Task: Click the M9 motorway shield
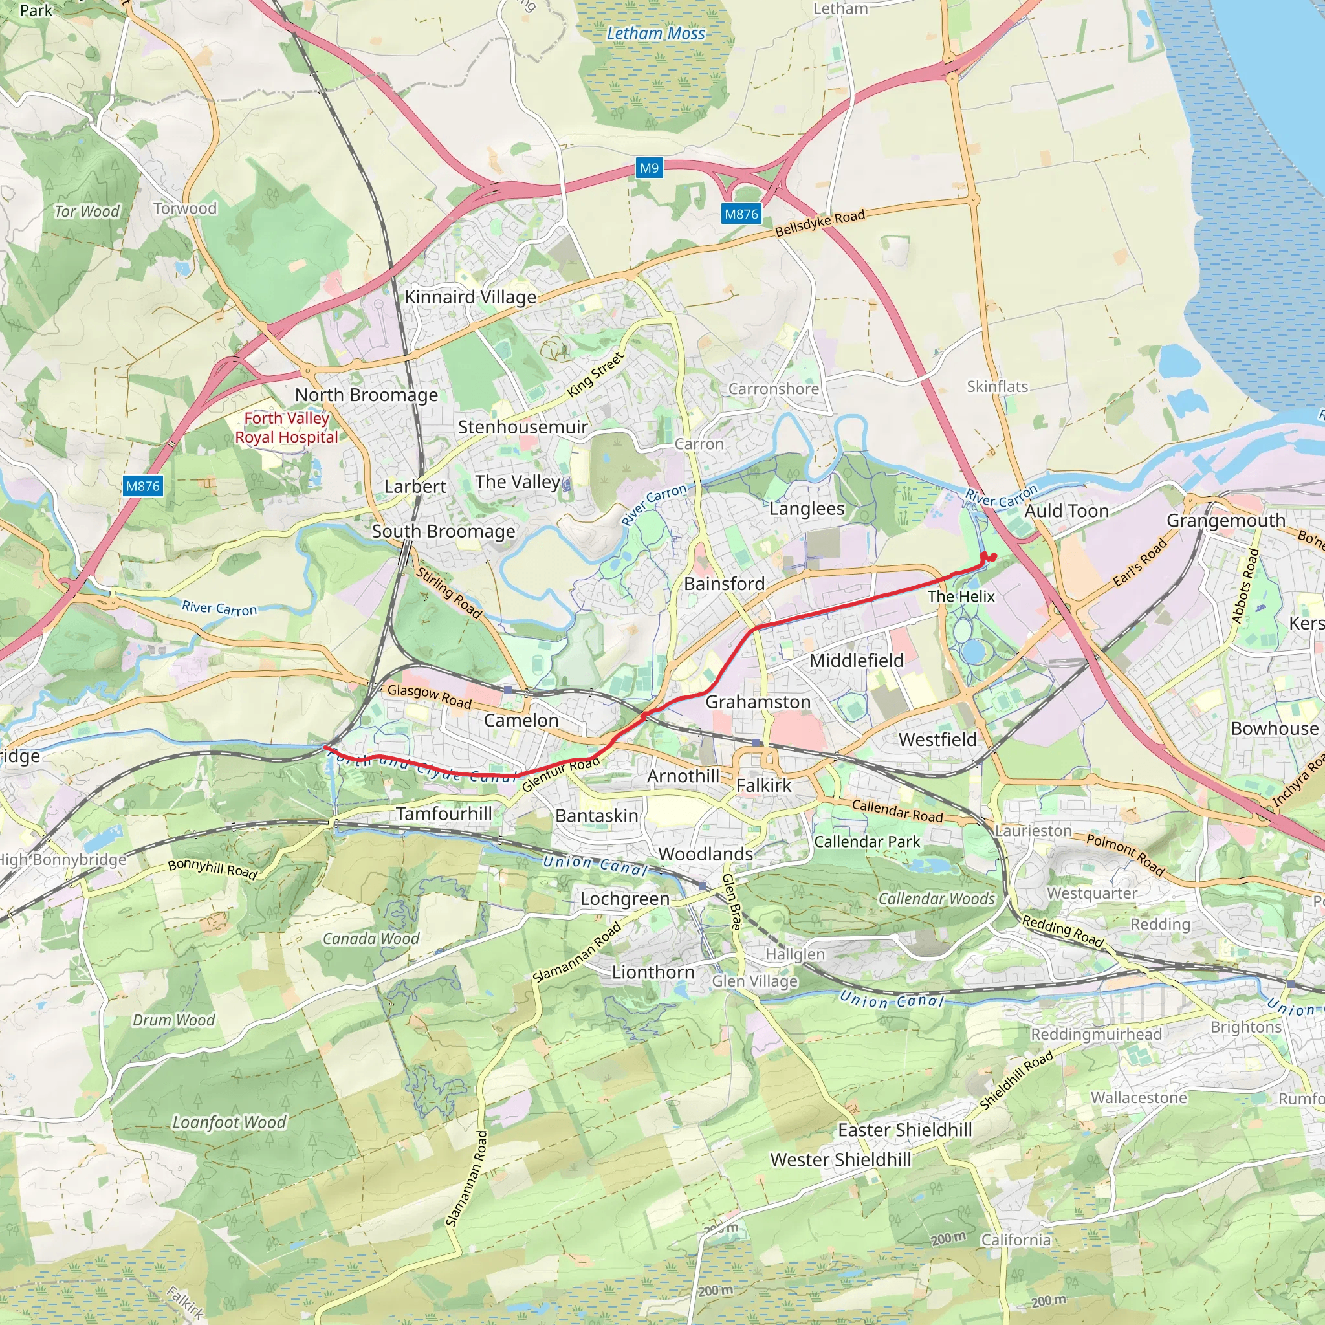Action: tap(649, 168)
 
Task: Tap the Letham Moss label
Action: tap(655, 33)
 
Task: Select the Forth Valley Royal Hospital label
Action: tap(287, 428)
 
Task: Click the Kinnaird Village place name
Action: tap(470, 297)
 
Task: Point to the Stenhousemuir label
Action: tap(523, 427)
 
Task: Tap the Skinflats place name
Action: tap(997, 387)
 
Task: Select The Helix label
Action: tap(961, 597)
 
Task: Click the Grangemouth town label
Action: tap(1226, 521)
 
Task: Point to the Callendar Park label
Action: tap(867, 842)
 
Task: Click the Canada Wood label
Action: tap(371, 939)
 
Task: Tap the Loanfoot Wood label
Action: tap(229, 1122)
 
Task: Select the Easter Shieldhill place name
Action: tap(905, 1130)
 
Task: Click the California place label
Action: tap(1016, 1240)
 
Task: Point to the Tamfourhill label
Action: tap(444, 814)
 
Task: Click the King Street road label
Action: tap(596, 375)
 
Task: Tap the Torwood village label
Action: tap(185, 208)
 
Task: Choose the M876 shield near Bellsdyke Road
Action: tap(741, 214)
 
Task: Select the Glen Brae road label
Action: tap(732, 901)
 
